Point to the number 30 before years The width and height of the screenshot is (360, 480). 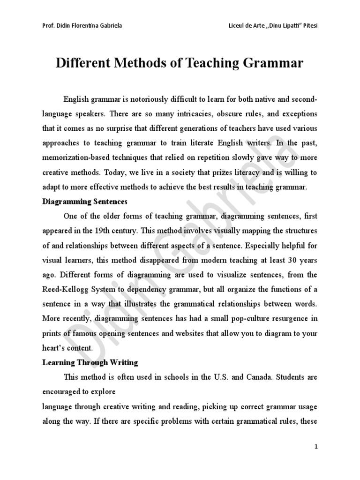pyautogui.click(x=290, y=260)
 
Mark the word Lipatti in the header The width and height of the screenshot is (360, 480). pyautogui.click(x=281, y=25)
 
